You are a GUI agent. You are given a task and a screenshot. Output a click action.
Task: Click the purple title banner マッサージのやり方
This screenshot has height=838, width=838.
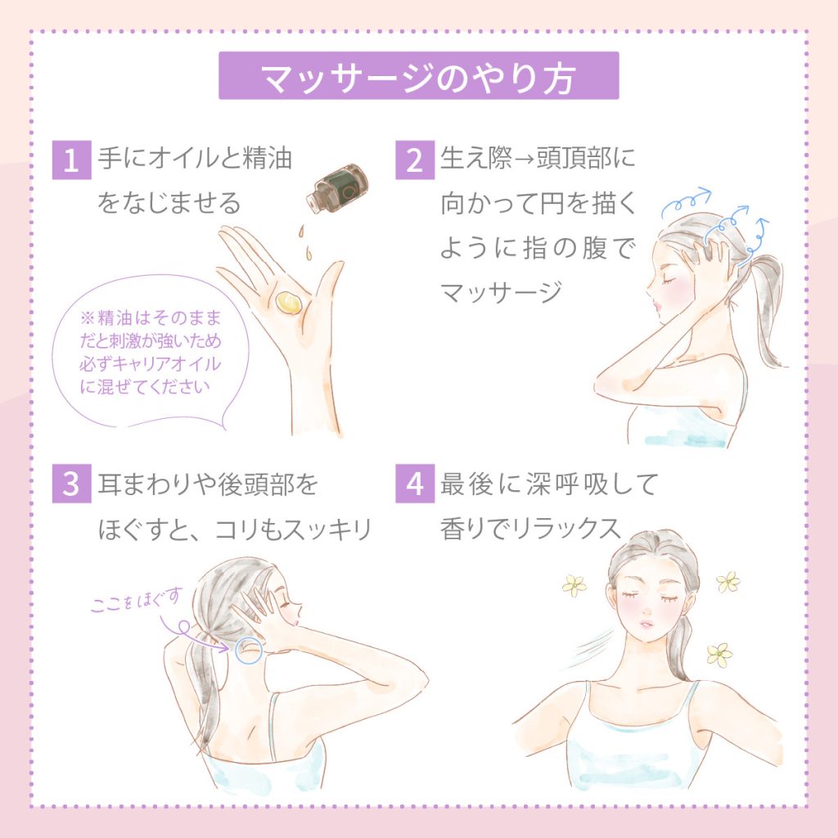[x=418, y=75]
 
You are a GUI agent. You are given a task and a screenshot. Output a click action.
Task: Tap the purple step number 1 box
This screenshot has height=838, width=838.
[x=72, y=160]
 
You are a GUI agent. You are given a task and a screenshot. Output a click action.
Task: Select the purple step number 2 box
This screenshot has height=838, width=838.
[x=415, y=160]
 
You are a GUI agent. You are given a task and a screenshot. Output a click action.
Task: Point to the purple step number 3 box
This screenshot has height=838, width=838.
[x=72, y=483]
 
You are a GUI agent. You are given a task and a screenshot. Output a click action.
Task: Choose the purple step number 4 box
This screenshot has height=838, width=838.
[x=415, y=483]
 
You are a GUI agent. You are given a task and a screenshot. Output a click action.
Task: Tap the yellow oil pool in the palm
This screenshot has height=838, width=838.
[x=288, y=303]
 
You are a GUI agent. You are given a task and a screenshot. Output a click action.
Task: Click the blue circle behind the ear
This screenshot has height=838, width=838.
[x=249, y=650]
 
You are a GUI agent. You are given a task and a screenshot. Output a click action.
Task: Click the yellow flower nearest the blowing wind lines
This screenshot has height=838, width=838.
[x=574, y=584]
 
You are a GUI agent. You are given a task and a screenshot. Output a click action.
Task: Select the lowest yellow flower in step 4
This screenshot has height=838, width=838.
[x=719, y=654]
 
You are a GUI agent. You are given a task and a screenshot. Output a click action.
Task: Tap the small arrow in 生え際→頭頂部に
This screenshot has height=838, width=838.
[x=525, y=160]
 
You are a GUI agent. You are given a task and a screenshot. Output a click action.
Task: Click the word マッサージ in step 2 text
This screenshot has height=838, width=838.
[x=501, y=292]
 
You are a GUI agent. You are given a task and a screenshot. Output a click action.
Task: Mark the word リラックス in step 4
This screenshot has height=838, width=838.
[x=567, y=529]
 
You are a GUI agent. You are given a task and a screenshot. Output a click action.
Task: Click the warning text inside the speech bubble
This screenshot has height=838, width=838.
[x=151, y=352]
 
